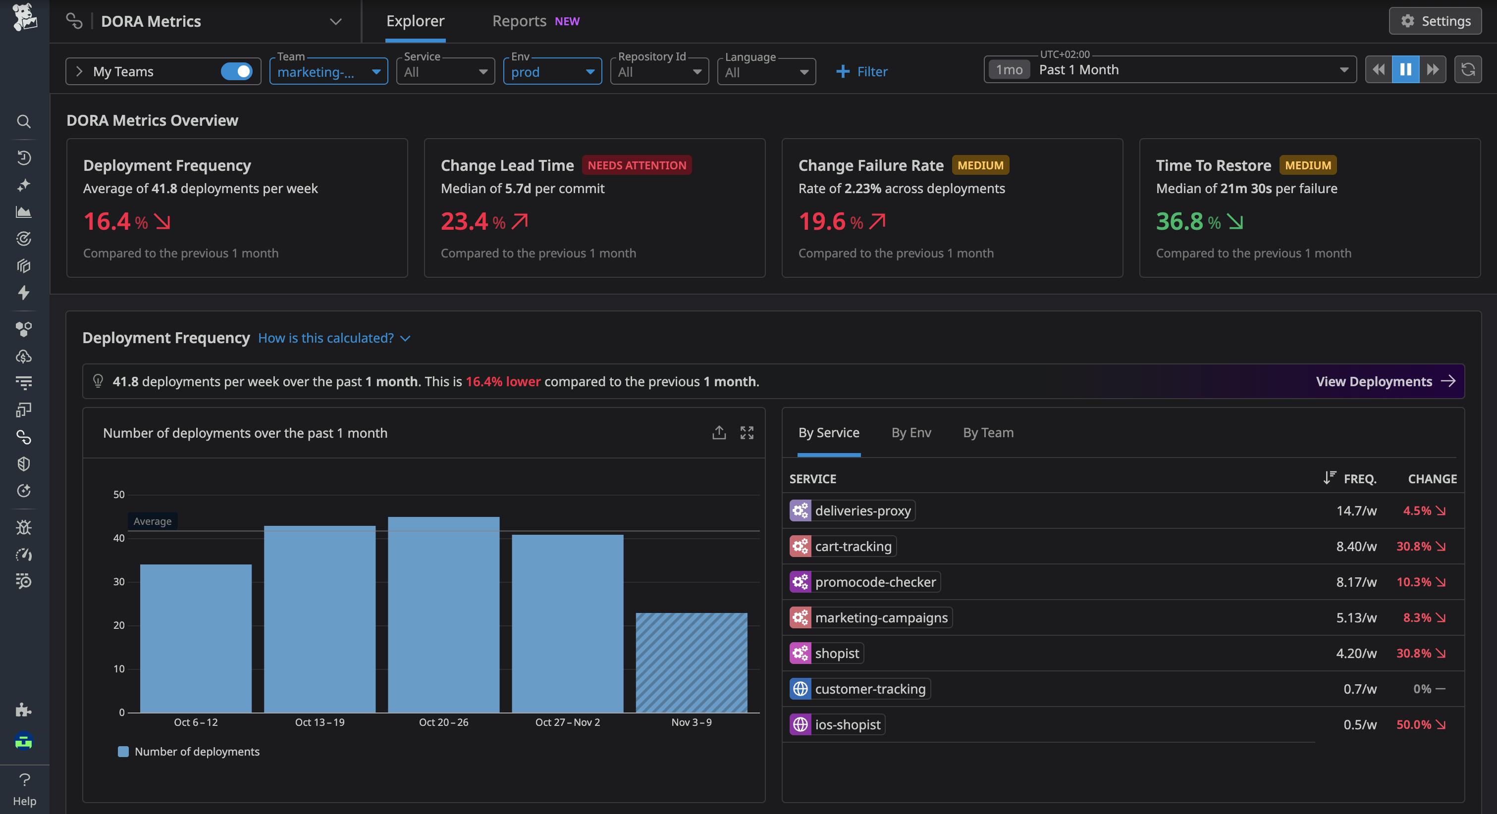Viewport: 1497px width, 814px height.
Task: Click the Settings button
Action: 1435,21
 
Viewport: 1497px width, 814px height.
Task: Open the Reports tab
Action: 519,21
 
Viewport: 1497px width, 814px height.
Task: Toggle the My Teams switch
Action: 236,71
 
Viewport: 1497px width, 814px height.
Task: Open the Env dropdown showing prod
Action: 551,71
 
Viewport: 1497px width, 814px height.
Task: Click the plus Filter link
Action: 861,71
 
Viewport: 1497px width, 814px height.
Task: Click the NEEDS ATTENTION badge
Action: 637,165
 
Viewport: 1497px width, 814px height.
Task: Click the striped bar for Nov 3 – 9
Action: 691,662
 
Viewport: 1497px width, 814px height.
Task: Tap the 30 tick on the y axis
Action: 118,582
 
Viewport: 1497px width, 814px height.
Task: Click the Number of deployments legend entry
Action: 189,752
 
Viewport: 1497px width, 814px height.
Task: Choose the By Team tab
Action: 988,433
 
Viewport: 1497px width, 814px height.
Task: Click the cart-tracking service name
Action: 853,547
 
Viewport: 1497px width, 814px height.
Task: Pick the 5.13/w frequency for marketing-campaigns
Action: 1356,617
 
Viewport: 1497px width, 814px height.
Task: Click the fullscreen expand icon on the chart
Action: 747,433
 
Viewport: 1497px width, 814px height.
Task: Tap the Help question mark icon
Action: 24,780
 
